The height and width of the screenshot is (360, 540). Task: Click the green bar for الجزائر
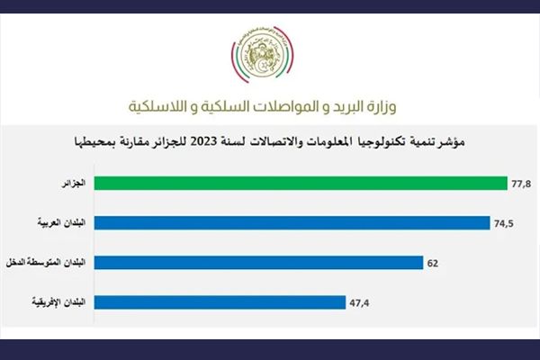pyautogui.click(x=301, y=184)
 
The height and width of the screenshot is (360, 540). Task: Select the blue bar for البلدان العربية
pyautogui.click(x=292, y=223)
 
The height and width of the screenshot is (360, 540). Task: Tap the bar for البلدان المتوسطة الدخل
pyautogui.click(x=258, y=263)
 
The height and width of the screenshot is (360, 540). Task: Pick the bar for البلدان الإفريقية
pyautogui.click(x=220, y=302)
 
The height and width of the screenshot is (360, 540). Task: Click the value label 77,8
pyautogui.click(x=521, y=184)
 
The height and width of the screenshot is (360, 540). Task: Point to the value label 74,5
pyautogui.click(x=504, y=223)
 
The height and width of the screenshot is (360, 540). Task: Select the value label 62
pyautogui.click(x=433, y=264)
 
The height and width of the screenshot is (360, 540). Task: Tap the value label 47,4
pyautogui.click(x=359, y=303)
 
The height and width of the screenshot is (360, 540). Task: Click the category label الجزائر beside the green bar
pyautogui.click(x=74, y=184)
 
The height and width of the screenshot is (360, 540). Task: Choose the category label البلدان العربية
pyautogui.click(x=61, y=223)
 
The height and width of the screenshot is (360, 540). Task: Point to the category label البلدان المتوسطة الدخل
pyautogui.click(x=46, y=263)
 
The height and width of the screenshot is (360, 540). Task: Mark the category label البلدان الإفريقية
pyautogui.click(x=58, y=302)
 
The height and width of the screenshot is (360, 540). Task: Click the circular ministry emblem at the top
pyautogui.click(x=262, y=55)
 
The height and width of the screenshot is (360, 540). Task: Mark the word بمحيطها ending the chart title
pyautogui.click(x=91, y=142)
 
